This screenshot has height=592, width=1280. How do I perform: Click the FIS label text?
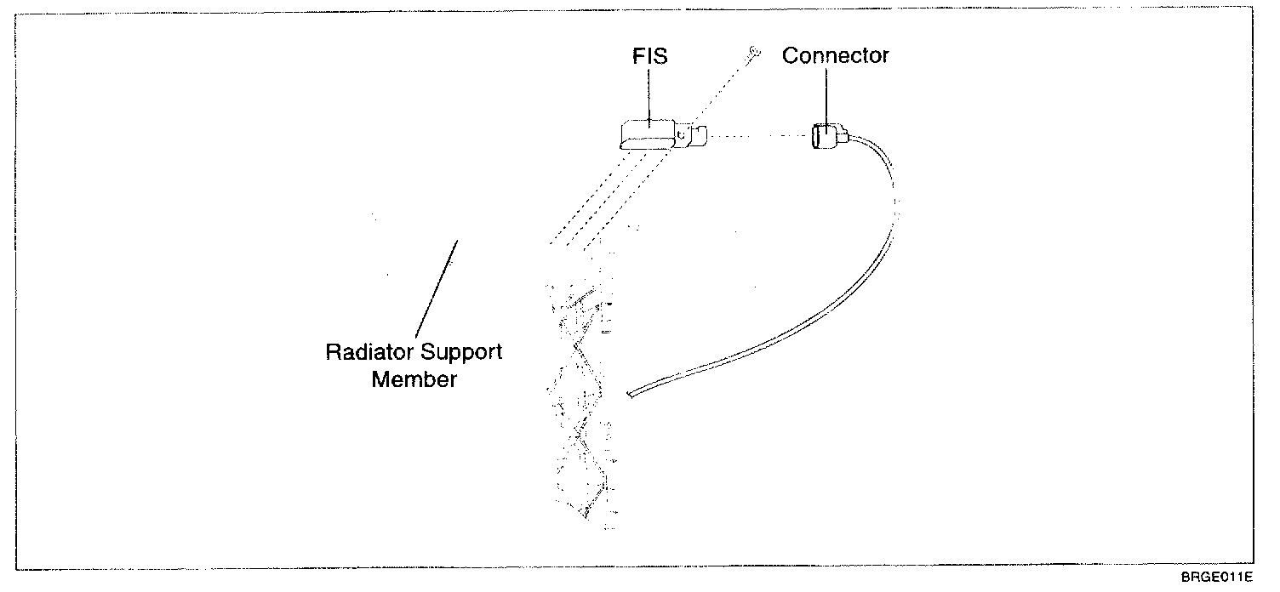[x=649, y=56]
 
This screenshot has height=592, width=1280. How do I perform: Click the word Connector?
[x=836, y=55]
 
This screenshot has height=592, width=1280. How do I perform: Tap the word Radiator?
[x=366, y=351]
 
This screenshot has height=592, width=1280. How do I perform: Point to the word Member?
[x=414, y=379]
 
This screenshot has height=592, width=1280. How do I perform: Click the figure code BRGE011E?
[x=1216, y=578]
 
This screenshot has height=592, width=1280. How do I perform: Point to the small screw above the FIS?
[x=754, y=53]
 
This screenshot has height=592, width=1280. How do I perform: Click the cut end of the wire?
[x=630, y=394]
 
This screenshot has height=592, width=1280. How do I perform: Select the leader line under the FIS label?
[x=649, y=94]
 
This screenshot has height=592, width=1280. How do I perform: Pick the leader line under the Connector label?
[x=826, y=96]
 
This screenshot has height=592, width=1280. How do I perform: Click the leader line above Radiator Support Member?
[x=437, y=289]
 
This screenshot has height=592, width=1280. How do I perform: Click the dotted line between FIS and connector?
[x=759, y=136]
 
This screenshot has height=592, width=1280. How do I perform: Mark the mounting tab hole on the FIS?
[x=681, y=134]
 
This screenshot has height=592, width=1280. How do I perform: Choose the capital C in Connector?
[x=791, y=55]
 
